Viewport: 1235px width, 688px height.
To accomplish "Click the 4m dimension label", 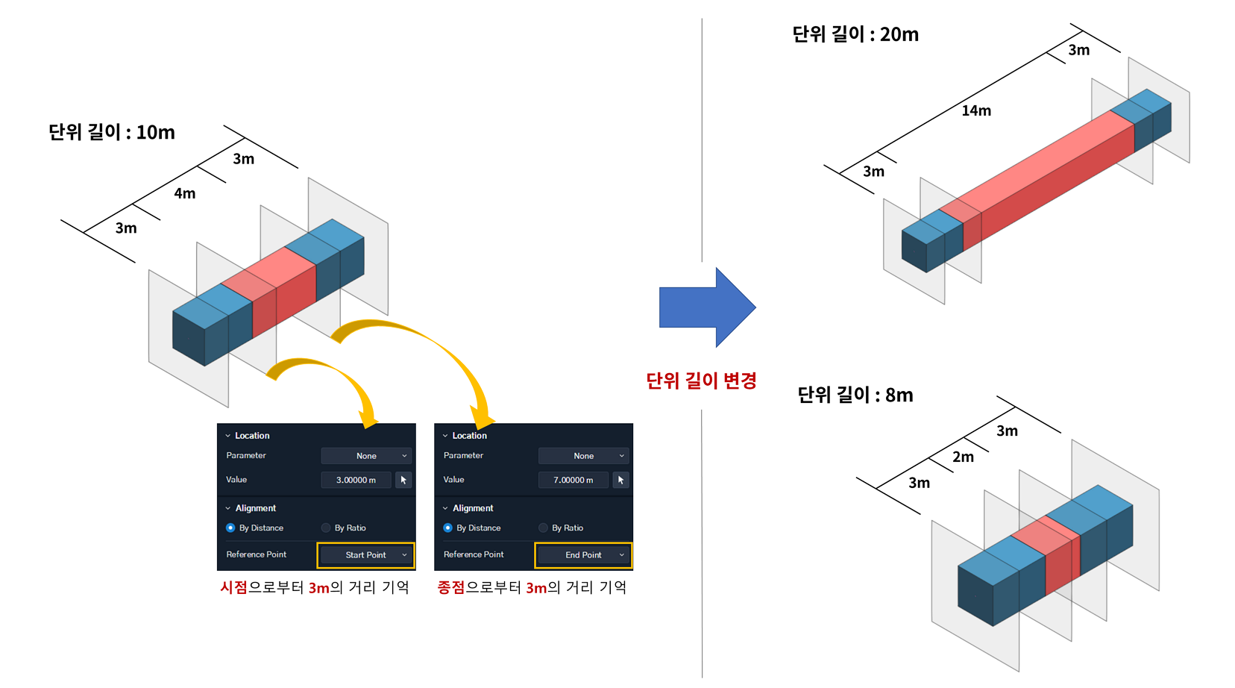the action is point(185,194).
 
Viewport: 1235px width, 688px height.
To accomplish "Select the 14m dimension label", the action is point(976,111).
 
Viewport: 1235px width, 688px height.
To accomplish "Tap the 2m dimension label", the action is point(964,457).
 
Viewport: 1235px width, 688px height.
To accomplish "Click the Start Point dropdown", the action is point(366,555).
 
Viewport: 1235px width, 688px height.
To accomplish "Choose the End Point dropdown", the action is point(583,555).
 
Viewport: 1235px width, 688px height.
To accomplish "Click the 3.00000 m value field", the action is point(356,480).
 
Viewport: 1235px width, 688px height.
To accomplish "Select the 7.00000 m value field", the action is point(573,480).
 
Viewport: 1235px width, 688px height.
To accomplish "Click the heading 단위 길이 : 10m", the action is point(112,132).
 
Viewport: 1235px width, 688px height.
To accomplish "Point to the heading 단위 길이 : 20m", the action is point(855,34).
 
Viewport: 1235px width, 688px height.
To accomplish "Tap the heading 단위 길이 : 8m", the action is point(855,395).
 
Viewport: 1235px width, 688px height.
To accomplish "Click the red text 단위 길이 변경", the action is point(701,381).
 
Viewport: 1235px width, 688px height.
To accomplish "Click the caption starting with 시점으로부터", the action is point(314,587).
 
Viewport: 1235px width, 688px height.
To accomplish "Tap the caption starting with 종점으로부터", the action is point(532,587).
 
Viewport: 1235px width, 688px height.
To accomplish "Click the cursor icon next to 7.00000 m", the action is point(620,480).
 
